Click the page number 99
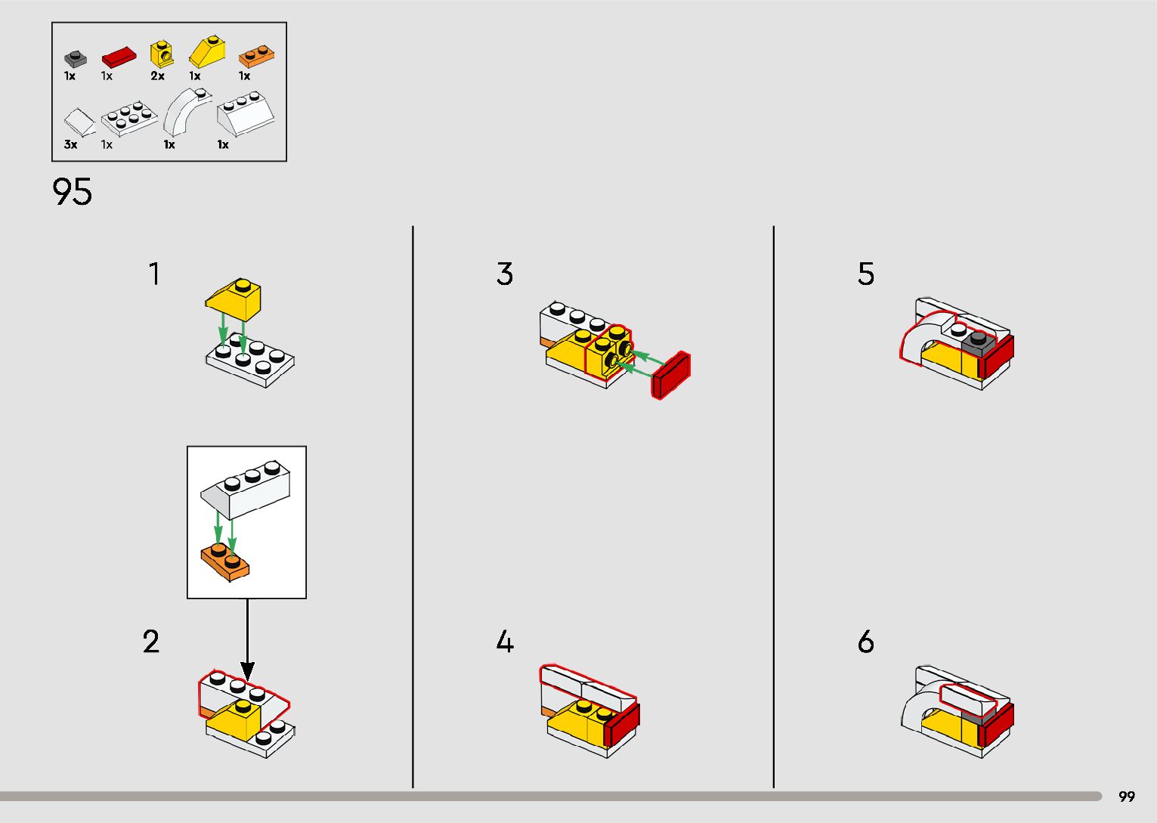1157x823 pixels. click(1126, 797)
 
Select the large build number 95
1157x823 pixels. click(73, 192)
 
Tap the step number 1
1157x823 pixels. click(154, 274)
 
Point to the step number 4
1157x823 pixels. click(505, 642)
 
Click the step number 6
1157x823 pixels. click(866, 642)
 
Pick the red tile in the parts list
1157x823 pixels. click(119, 57)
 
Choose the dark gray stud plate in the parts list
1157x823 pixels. click(75, 58)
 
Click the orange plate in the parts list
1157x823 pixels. click(257, 57)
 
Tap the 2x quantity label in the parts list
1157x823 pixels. click(157, 76)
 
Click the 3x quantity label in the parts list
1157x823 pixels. click(70, 144)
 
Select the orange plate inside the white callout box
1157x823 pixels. click(225, 562)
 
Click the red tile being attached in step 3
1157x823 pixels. click(671, 375)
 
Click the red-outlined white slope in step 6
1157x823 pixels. click(968, 698)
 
